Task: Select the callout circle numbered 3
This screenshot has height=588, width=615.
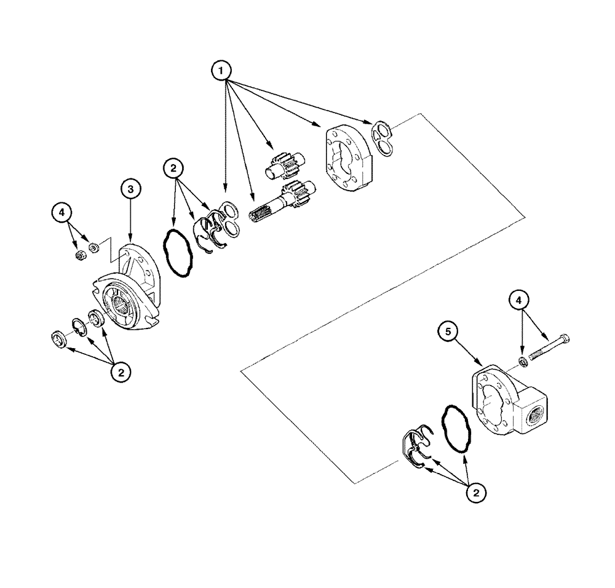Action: click(x=130, y=189)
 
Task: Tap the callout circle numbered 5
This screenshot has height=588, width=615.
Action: click(x=450, y=332)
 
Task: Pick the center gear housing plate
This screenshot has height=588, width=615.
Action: click(x=346, y=158)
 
